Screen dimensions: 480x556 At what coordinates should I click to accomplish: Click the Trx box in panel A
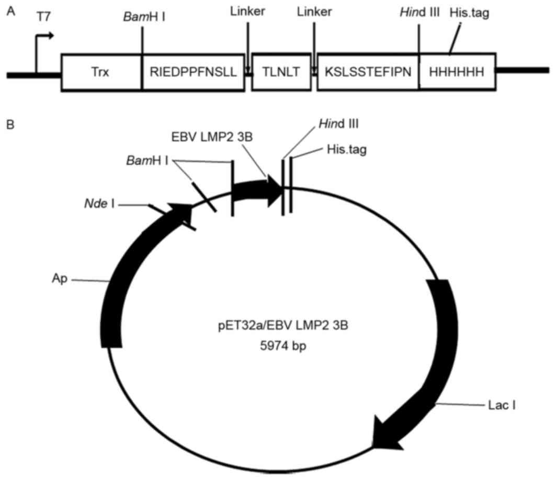[102, 73]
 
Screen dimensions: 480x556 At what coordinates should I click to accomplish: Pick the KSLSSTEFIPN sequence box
[368, 73]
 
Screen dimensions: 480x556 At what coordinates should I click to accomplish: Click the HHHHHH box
[457, 73]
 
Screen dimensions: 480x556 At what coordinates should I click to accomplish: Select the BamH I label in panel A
[142, 17]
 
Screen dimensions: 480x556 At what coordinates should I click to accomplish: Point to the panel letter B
[10, 125]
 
